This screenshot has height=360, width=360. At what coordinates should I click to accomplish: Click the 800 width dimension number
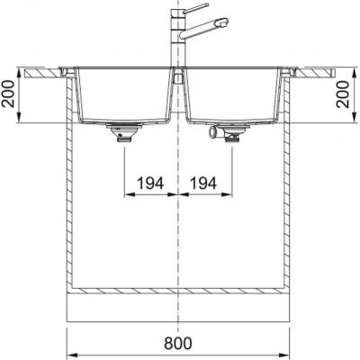pyautogui.click(x=178, y=343)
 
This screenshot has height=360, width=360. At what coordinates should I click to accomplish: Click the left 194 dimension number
pyautogui.click(x=150, y=183)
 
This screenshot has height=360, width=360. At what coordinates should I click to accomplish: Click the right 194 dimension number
pyautogui.click(x=203, y=183)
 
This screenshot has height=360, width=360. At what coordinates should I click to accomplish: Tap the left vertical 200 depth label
pyautogui.click(x=8, y=94)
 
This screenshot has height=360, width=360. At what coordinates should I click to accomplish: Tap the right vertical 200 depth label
pyautogui.click(x=344, y=94)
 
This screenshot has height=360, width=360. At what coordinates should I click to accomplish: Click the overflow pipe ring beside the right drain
pyautogui.click(x=213, y=131)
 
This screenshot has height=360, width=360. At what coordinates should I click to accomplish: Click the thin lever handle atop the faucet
pyautogui.click(x=195, y=8)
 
